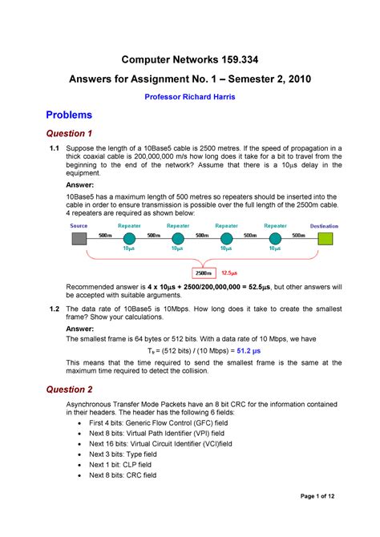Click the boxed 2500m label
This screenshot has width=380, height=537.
204,273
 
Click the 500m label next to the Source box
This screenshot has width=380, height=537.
104,236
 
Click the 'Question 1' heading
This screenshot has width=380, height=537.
69,133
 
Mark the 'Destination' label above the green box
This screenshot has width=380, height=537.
325,226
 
